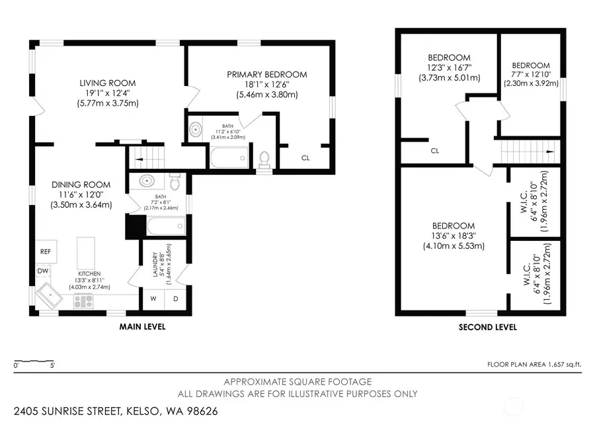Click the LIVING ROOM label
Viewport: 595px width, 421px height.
pos(108,83)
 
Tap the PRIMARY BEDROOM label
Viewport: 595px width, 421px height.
pos(266,75)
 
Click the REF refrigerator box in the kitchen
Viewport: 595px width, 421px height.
pos(46,252)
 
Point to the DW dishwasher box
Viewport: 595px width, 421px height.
pos(43,271)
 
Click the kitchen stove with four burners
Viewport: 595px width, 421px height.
pos(85,301)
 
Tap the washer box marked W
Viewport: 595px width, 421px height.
pos(153,298)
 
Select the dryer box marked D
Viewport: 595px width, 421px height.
pos(176,298)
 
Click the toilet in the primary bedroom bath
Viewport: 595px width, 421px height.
pos(264,159)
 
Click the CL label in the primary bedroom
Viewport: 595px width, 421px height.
pos(305,158)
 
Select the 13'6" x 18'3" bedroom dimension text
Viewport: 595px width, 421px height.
pos(455,236)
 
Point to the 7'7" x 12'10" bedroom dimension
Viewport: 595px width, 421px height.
pos(531,75)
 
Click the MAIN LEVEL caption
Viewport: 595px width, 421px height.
pos(142,327)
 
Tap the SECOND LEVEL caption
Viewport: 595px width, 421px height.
pos(487,327)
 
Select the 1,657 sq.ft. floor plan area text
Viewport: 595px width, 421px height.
pos(559,364)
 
